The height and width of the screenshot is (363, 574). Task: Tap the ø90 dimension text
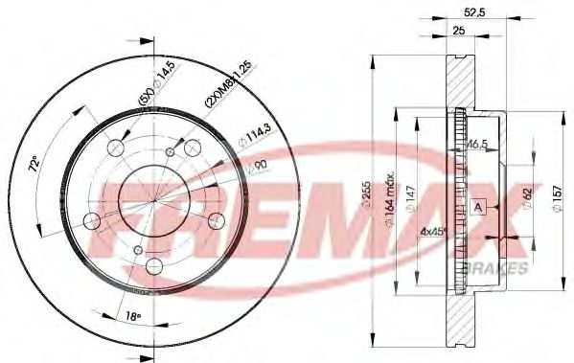(255, 168)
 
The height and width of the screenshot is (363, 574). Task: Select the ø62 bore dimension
(525, 199)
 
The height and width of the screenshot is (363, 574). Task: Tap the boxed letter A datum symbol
(476, 207)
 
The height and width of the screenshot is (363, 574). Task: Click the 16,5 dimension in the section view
(474, 144)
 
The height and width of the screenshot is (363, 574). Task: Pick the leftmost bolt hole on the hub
(91, 222)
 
